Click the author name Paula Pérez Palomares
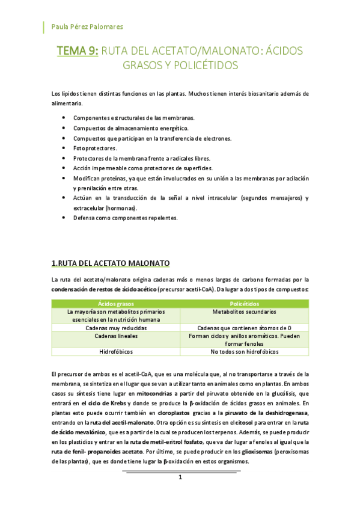click(88, 27)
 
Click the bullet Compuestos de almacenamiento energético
click(130, 128)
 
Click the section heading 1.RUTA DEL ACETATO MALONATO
click(111, 263)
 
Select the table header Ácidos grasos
click(116, 304)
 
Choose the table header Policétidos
click(244, 304)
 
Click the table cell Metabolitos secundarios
click(244, 312)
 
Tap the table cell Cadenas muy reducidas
click(116, 328)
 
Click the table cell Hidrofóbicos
click(116, 351)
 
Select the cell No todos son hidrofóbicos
click(244, 351)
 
